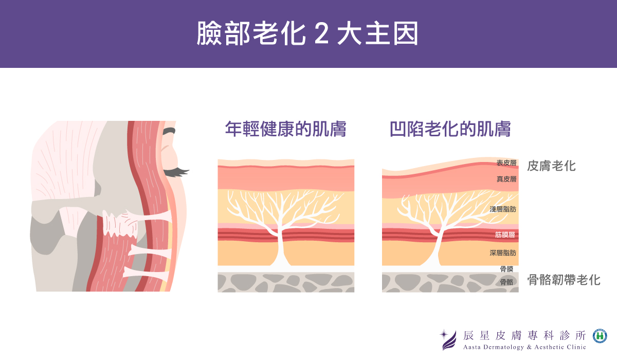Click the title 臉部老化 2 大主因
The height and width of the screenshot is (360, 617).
307,34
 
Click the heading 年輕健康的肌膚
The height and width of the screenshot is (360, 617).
285,129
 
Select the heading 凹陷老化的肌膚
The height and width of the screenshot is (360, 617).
450,129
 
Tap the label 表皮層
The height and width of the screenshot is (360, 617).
506,163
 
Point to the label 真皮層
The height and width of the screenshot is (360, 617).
506,179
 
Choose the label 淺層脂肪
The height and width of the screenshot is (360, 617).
503,209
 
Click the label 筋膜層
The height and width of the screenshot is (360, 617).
505,235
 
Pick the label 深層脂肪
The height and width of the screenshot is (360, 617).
503,253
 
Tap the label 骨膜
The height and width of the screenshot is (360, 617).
506,269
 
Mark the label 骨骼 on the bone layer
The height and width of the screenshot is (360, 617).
506,282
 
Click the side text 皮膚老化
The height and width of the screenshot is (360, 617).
552,166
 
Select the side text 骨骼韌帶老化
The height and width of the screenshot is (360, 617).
564,280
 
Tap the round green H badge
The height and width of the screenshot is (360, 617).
600,336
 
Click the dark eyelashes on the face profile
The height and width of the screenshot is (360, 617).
176,171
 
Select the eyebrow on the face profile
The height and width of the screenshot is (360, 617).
169,132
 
